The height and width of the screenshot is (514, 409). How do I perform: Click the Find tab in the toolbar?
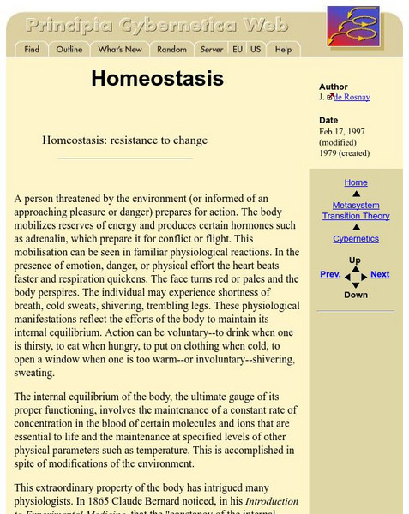32,50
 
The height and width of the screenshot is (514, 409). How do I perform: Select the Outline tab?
69,50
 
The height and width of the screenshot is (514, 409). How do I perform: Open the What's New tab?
120,50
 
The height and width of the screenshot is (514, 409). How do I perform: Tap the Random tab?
172,50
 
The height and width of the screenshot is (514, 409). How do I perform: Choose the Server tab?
212,50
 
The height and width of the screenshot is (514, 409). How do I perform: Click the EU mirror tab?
238,50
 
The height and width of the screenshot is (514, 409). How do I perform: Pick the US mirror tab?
256,50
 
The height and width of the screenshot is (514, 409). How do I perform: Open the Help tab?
283,50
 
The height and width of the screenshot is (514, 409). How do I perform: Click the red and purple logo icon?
353,26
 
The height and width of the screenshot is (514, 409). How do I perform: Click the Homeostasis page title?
157,79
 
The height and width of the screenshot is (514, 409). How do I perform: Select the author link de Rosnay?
352,97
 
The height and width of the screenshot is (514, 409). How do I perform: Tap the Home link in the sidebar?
356,182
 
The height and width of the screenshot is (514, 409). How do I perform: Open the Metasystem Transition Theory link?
356,211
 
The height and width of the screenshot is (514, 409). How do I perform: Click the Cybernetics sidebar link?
356,239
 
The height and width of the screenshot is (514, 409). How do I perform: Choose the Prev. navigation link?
330,274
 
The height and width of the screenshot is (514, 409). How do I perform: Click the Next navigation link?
380,274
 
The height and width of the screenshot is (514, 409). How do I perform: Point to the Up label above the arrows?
355,260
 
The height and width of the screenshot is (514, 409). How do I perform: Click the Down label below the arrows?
356,295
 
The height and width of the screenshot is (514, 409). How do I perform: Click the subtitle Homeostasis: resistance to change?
125,140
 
